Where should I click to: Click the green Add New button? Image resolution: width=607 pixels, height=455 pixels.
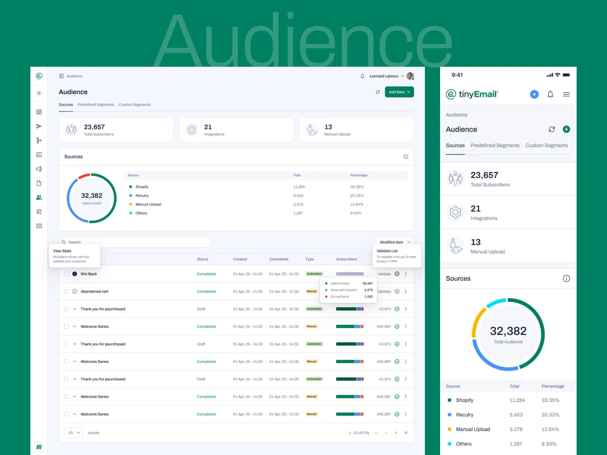point(399,92)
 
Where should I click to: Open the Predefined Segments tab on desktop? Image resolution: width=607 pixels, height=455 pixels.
point(96,105)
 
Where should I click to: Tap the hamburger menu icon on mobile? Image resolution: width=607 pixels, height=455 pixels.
point(566,94)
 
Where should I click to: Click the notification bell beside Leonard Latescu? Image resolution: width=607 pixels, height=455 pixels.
point(362,76)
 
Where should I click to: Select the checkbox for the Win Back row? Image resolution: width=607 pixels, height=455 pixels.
point(66,274)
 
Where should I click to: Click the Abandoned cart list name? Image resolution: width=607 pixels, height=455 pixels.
point(94,292)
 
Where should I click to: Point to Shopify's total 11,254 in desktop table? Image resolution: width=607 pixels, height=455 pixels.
point(299,187)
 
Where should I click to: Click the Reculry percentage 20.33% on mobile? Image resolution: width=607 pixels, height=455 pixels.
point(550,415)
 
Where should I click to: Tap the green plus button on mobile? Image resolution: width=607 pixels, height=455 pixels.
point(566,129)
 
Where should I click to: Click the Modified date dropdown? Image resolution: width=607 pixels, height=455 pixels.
point(395,242)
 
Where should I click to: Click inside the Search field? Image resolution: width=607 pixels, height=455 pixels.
point(137,242)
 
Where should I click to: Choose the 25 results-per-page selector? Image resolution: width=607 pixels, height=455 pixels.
point(74,433)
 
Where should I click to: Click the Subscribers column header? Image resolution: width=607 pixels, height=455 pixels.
point(346,259)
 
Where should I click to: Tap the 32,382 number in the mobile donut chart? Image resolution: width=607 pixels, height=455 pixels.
point(508,331)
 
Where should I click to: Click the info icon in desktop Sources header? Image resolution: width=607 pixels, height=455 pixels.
point(406,157)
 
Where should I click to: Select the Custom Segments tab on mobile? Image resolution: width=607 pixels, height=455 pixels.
point(546,146)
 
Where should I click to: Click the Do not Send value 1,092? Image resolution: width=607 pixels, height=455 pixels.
point(368,297)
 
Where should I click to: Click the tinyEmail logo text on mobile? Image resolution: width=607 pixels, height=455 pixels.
point(478,94)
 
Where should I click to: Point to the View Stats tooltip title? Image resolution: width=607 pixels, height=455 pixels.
point(62,251)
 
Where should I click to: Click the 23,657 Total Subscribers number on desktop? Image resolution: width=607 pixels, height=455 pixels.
point(94,127)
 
